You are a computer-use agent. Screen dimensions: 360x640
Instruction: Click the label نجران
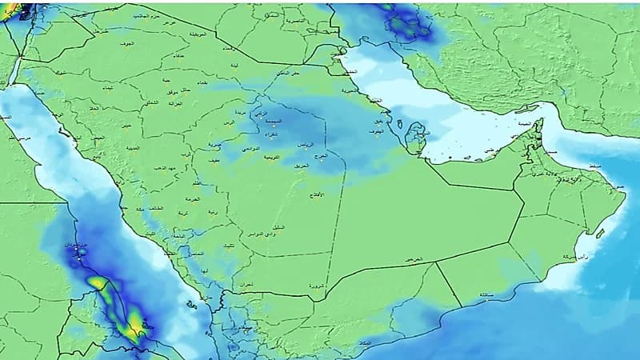[243, 285]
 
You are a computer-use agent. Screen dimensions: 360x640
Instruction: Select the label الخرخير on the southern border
[413, 260]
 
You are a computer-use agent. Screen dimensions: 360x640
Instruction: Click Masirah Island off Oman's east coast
[597, 234]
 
